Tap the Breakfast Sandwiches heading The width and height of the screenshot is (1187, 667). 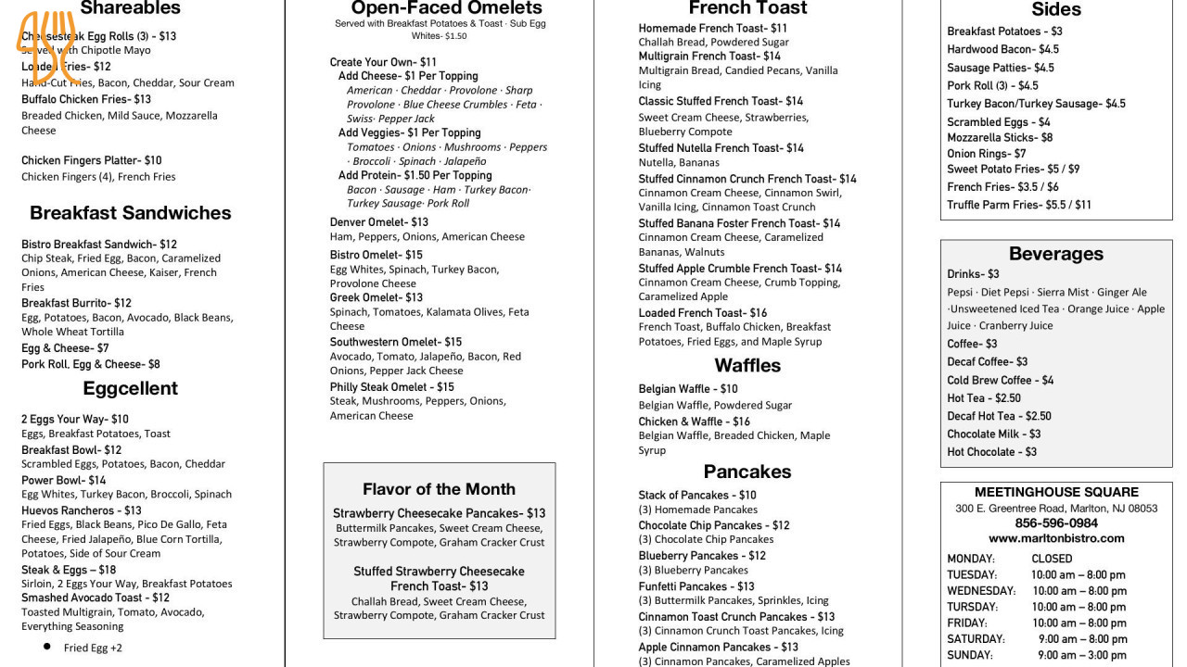point(130,213)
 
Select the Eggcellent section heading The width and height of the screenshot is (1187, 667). point(130,388)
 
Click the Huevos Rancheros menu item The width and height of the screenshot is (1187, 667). point(82,510)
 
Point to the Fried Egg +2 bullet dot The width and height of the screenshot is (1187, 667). point(46,647)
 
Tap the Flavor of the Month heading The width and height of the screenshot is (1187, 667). point(439,489)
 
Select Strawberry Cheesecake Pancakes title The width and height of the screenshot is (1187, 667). point(439,513)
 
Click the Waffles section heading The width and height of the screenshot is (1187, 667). point(747,365)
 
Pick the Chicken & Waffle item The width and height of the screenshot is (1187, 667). point(694,422)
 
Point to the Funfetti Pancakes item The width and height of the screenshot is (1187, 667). point(696,586)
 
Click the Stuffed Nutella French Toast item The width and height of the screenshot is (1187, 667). point(721,148)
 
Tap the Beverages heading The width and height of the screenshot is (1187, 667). point(1055,254)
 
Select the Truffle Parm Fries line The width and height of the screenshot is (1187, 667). point(1018,205)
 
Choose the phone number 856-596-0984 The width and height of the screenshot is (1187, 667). point(1056,523)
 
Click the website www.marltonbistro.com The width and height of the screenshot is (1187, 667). point(1056,538)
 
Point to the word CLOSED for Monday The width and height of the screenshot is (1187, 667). point(1052,559)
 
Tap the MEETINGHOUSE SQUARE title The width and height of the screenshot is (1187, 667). point(1056,492)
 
